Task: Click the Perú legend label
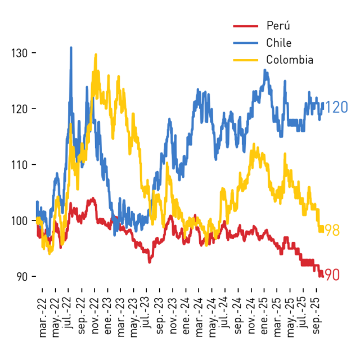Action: pos(278,25)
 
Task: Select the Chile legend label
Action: pos(279,43)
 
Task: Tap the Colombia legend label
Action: pos(290,60)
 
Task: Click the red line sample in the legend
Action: pos(246,26)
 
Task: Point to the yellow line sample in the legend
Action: pos(246,60)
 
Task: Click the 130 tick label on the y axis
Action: pos(20,53)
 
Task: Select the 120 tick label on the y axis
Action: pos(20,109)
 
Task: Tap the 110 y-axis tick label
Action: pos(20,165)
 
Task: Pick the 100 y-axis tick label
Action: pos(20,220)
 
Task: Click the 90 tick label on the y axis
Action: pos(22,277)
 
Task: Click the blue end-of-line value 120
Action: pos(336,107)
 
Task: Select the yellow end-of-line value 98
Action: pos(332,230)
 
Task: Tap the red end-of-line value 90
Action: pos(332,274)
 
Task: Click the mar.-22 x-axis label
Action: pos(43,318)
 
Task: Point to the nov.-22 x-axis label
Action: pos(95,316)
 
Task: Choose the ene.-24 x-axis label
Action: pos(186,316)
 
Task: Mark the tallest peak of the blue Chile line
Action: pos(71,47)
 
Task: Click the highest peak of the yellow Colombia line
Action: pos(96,55)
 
